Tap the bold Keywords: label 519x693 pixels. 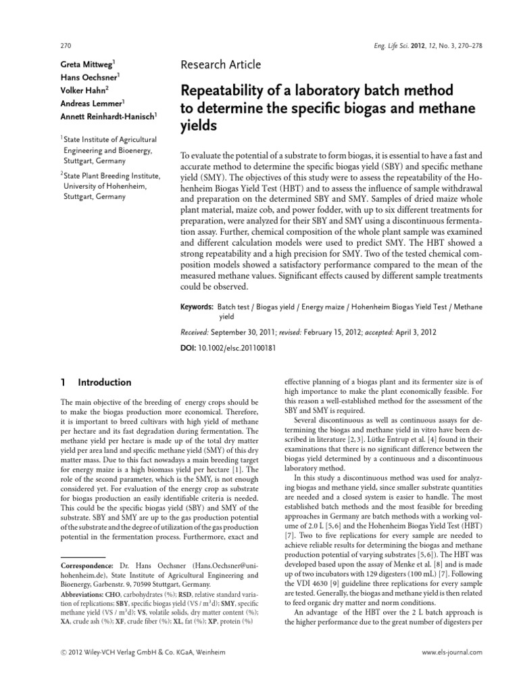[x=197, y=307]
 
